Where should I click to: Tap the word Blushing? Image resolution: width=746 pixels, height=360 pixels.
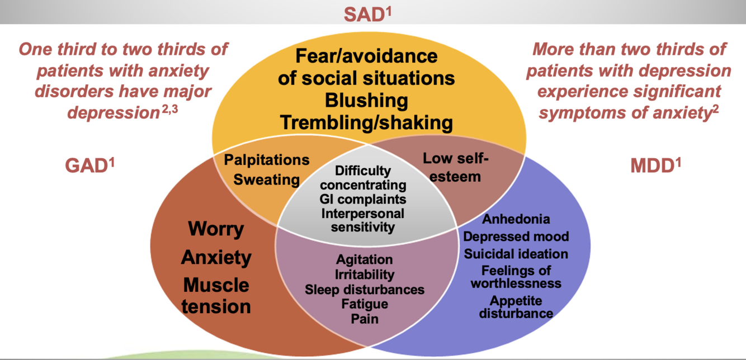tap(366, 101)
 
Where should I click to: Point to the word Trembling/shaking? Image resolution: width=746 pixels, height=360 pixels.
tap(366, 122)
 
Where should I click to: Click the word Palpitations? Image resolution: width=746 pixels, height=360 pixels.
tap(267, 160)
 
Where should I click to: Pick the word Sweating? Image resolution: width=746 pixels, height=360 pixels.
tap(267, 179)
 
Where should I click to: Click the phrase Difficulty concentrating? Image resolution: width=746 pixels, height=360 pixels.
tap(363, 178)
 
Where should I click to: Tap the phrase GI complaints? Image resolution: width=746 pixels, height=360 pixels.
tap(363, 199)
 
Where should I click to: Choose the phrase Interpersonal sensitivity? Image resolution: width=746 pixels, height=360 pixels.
tap(363, 220)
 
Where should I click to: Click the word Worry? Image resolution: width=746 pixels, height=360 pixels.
tap(216, 229)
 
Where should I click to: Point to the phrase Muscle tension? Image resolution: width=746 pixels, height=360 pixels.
tap(217, 296)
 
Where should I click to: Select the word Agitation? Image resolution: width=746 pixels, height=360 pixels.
tap(365, 260)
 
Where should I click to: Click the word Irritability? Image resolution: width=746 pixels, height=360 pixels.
tap(365, 275)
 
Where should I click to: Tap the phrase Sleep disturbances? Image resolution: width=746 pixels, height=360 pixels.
tap(365, 290)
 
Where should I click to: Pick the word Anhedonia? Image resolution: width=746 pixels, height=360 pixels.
tap(516, 219)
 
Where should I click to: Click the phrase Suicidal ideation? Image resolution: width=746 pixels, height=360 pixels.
tap(516, 254)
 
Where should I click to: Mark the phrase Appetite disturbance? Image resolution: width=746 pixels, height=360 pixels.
tap(516, 307)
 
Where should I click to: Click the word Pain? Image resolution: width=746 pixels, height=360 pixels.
tap(365, 319)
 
